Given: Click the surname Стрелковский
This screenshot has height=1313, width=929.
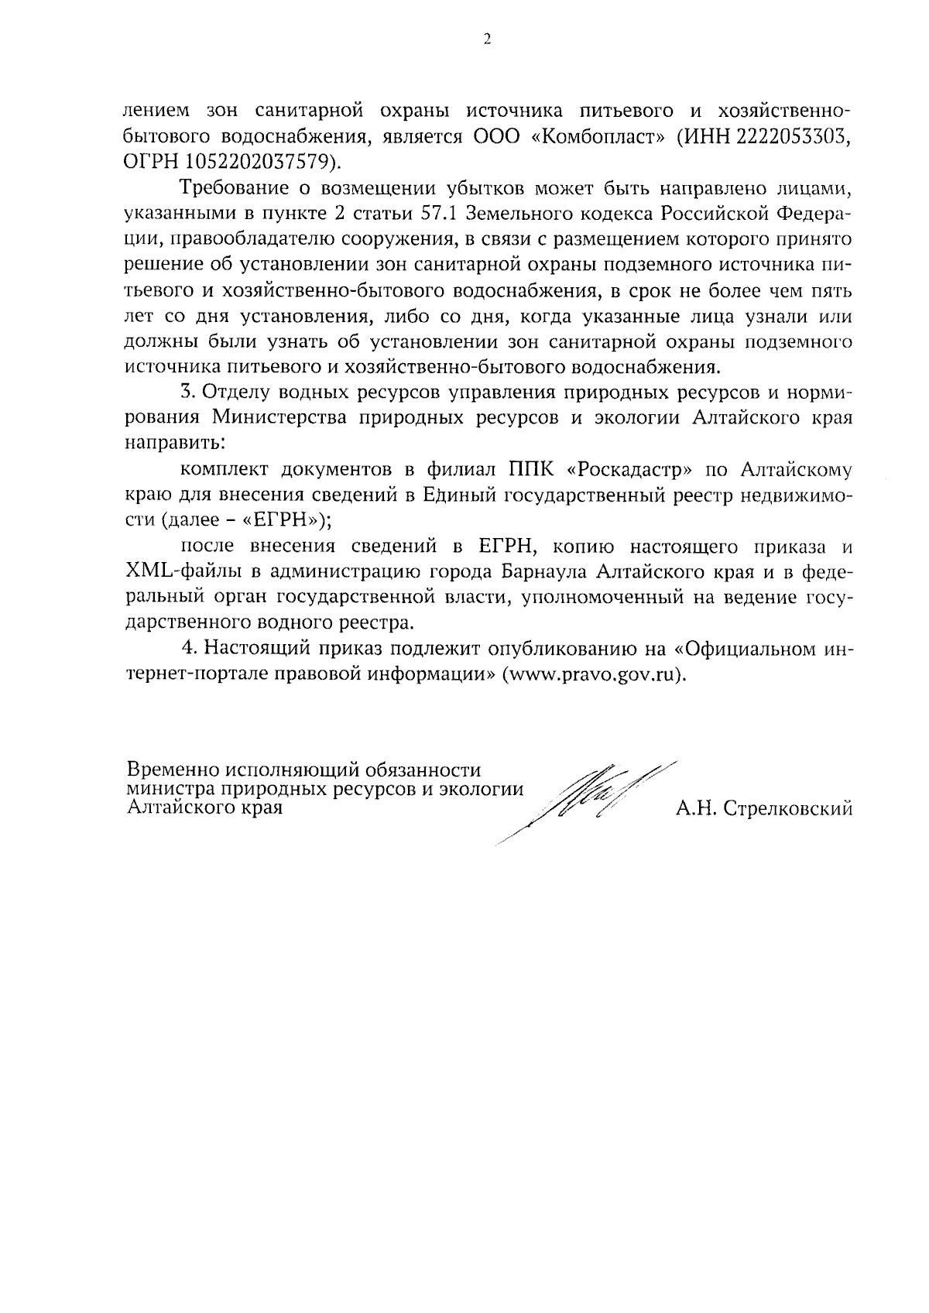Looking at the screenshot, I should (787, 810).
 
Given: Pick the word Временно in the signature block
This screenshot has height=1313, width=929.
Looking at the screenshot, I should (171, 770).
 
